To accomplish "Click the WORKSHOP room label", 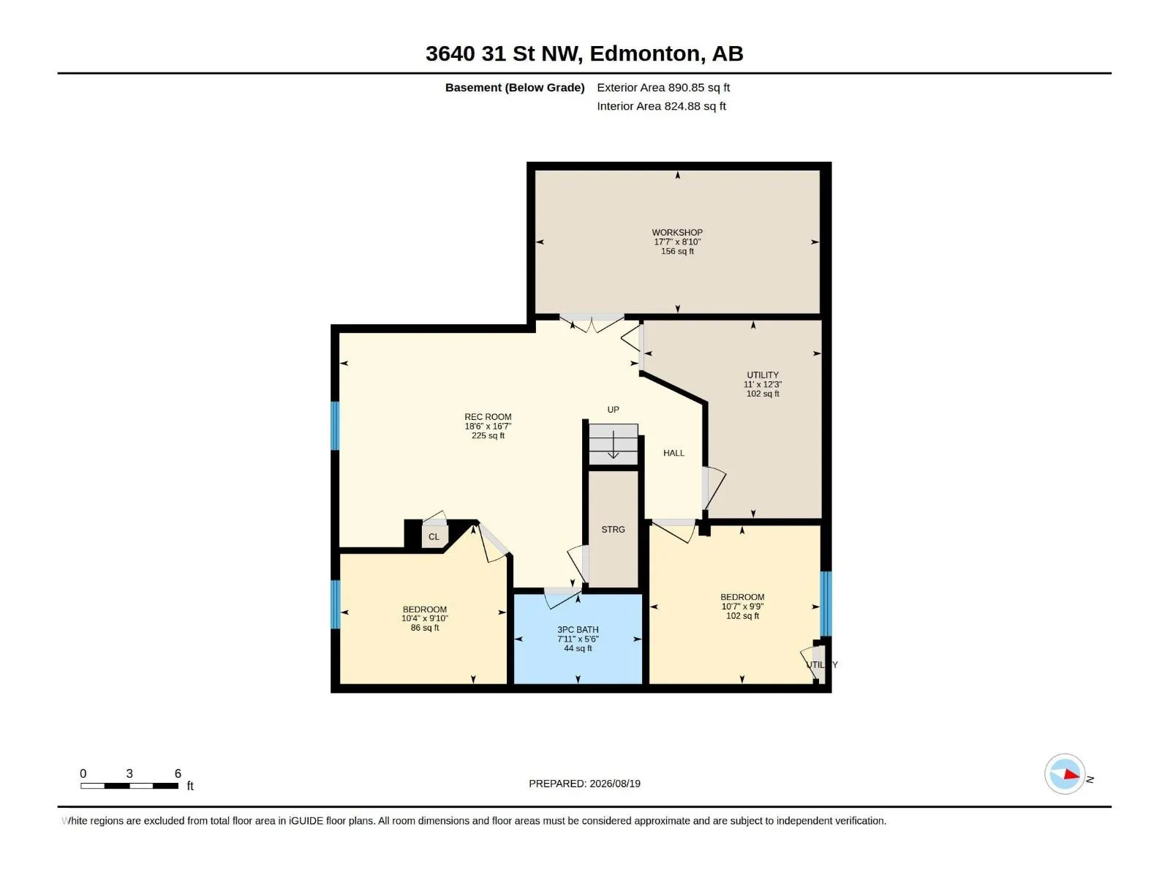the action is click(677, 233).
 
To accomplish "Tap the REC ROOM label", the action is click(488, 417).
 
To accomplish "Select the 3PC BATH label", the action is click(578, 629).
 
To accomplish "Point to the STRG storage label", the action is click(613, 529).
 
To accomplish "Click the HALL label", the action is click(673, 453).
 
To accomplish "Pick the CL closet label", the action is click(434, 537).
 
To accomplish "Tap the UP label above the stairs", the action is click(613, 410).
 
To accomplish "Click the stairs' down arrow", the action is click(613, 445).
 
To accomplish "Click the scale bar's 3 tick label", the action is click(129, 773).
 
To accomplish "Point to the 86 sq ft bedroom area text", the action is click(425, 628).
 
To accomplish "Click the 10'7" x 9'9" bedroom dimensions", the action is click(742, 607).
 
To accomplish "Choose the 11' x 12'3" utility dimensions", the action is click(763, 384).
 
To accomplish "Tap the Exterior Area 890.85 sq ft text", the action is click(663, 87).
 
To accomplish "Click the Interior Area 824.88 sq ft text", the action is click(662, 106).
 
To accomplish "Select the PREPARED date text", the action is click(585, 784).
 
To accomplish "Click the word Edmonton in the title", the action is click(644, 53).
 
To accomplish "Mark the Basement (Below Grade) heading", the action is click(515, 87).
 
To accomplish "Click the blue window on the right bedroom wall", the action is click(826, 604).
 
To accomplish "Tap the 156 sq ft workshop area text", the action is click(677, 251).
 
